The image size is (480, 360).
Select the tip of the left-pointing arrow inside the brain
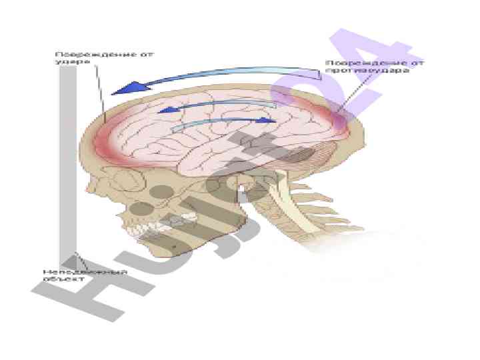tap(162, 109)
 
